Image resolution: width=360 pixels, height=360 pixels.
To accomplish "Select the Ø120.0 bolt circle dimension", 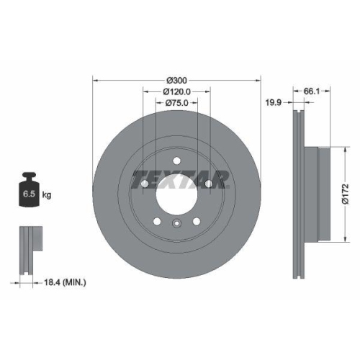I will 176,91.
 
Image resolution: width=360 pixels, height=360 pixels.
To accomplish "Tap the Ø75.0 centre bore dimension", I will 176,104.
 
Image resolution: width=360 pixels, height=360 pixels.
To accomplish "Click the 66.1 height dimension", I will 310,91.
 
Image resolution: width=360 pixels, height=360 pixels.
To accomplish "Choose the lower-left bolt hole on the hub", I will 156,222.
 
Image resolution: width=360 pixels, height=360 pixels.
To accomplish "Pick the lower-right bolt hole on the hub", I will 197,222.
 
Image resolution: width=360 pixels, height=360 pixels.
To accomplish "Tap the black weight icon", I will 30,192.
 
